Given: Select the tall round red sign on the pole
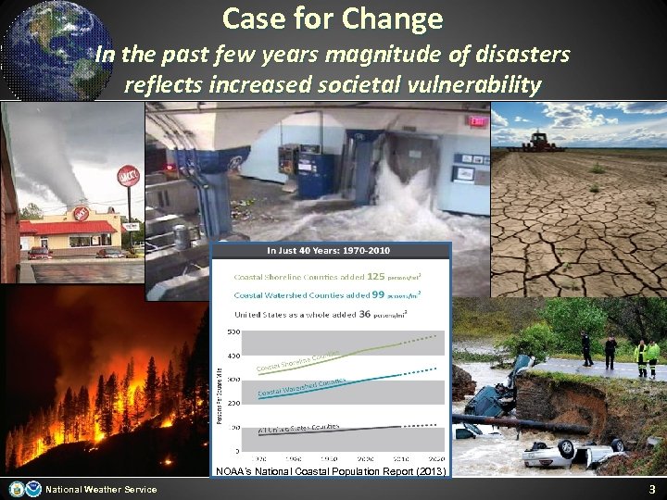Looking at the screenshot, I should point(128,177).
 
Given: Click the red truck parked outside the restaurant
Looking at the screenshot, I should point(40,253).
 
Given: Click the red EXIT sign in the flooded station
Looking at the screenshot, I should point(478,121).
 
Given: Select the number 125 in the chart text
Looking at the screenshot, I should point(376,276).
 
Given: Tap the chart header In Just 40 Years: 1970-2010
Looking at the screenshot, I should point(330,252).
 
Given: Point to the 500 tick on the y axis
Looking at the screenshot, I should point(233,331).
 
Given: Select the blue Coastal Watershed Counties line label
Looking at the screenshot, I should point(302,388).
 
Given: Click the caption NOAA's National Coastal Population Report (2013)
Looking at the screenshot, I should point(331,471).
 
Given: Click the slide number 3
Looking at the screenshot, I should point(651,489).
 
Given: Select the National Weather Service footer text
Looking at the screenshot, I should point(101,490).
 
